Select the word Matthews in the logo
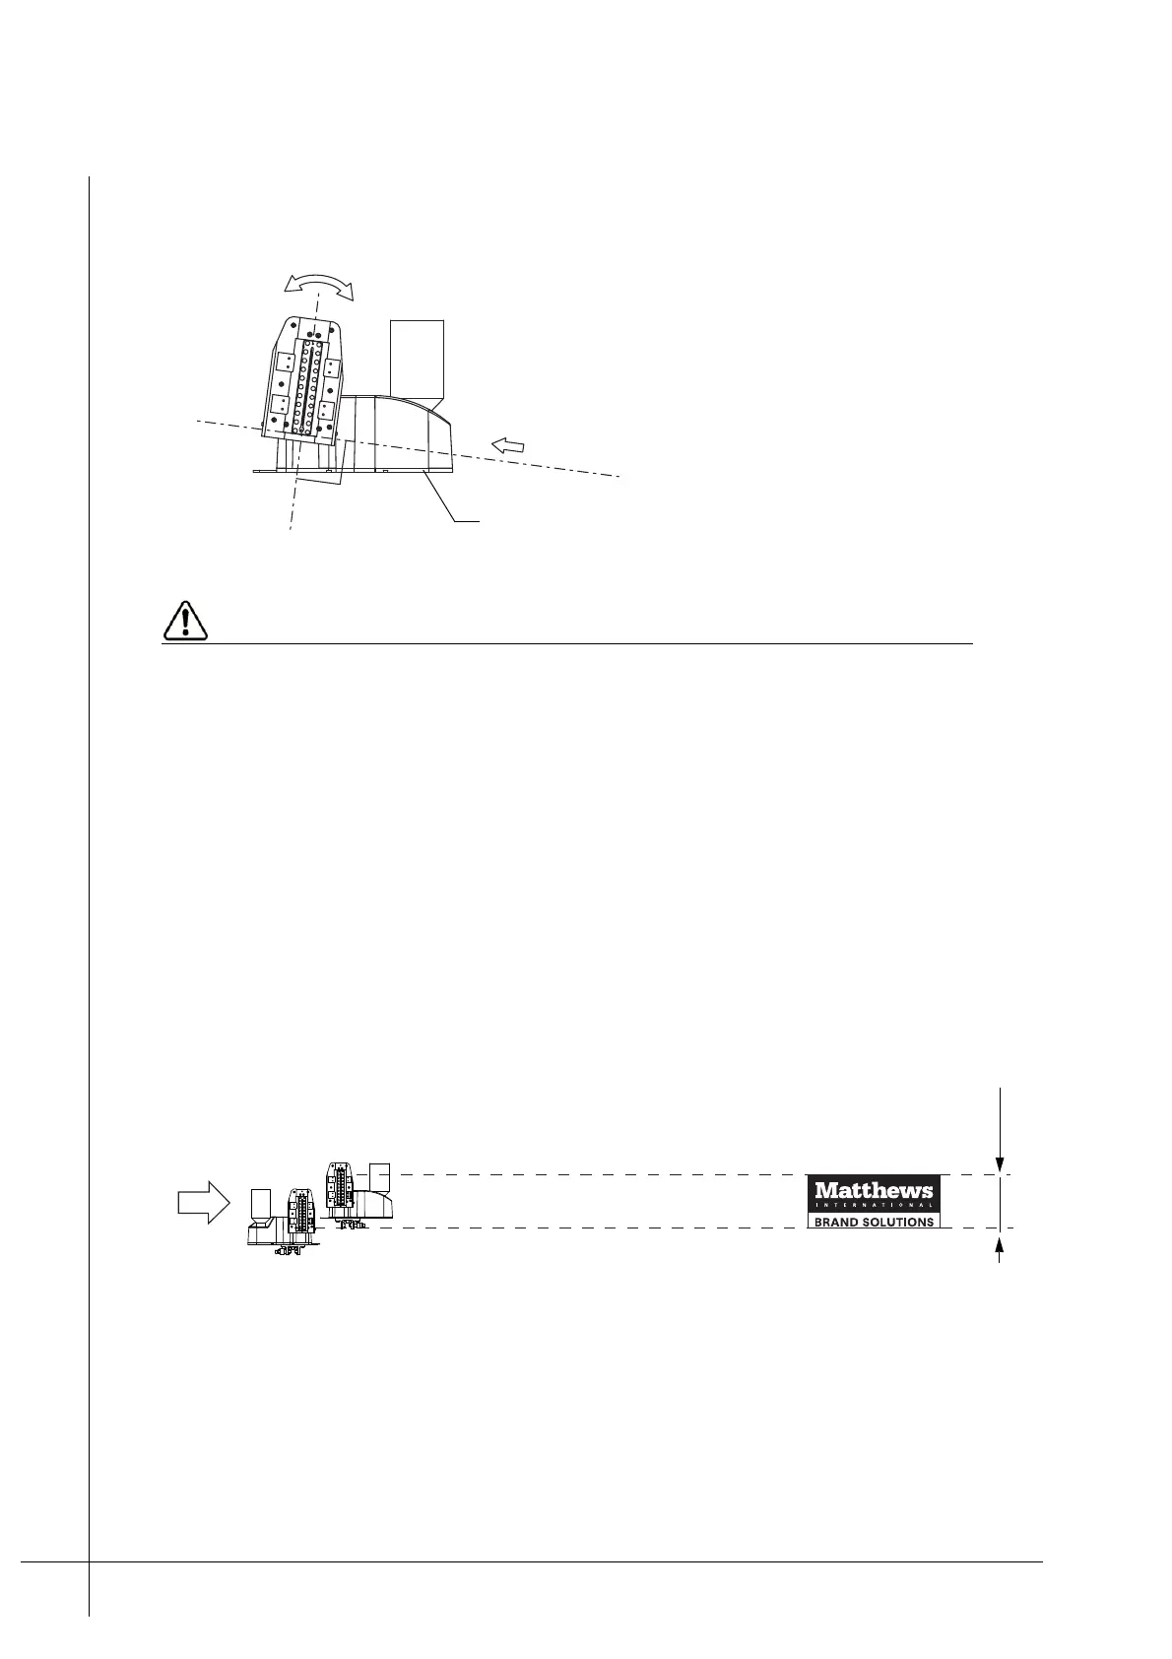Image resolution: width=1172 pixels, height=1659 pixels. point(874,1191)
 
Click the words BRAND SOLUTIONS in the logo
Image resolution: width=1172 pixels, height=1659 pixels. point(874,1222)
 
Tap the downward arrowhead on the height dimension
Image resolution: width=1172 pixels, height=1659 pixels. point(1000,1163)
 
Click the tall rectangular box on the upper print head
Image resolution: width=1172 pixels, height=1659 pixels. point(417,357)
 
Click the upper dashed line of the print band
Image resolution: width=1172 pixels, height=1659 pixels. point(591,1174)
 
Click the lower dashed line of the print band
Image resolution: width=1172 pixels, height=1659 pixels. point(591,1228)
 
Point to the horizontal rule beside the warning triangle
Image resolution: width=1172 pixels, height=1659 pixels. point(591,643)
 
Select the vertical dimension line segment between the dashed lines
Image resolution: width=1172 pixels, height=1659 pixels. point(1000,1201)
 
